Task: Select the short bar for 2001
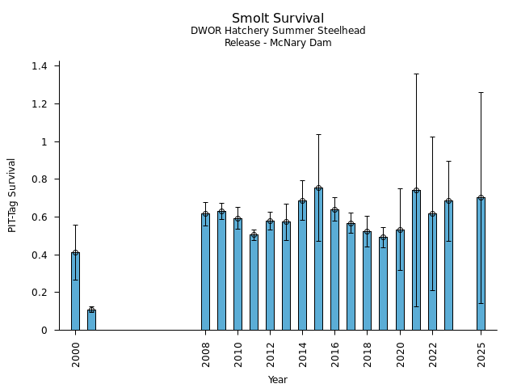click(91, 320)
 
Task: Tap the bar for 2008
click(205, 272)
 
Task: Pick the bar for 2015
click(318, 259)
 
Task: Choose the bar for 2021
click(416, 260)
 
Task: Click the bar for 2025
click(481, 264)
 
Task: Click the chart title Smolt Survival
click(278, 19)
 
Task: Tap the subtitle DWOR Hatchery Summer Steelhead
click(278, 31)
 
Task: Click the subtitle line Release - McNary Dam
click(278, 43)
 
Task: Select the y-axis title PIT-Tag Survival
click(12, 195)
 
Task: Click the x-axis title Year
click(278, 380)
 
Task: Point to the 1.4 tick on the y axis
click(40, 66)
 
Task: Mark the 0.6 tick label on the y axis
click(40, 217)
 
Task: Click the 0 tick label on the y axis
click(44, 331)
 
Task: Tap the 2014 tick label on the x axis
click(303, 353)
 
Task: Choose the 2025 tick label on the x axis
click(481, 353)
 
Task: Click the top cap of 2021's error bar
click(416, 74)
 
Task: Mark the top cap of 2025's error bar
click(481, 92)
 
